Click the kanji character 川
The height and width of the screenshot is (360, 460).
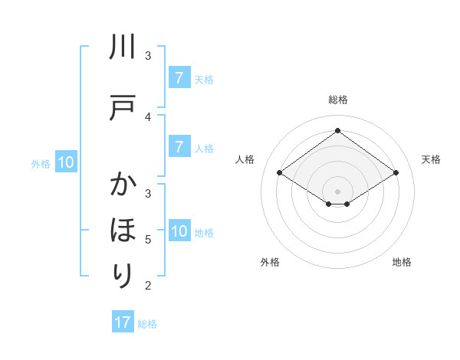[123, 49]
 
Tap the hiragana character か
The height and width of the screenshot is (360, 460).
[123, 186]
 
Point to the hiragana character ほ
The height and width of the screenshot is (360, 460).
[123, 230]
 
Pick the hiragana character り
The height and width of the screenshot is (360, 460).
[123, 273]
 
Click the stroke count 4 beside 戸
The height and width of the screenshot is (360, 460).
[148, 117]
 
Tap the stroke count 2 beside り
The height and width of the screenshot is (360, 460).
[148, 286]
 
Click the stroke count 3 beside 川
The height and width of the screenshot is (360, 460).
[148, 55]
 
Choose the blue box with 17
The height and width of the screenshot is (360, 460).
[123, 322]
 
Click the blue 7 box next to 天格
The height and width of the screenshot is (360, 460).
[179, 77]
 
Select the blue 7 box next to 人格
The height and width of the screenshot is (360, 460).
[179, 146]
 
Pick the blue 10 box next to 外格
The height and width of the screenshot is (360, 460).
[65, 162]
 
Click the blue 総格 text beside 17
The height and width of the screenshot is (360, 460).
[147, 324]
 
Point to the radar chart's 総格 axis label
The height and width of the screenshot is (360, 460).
[337, 100]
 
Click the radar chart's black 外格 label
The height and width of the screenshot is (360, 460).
[270, 262]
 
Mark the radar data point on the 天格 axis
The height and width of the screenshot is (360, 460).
[396, 173]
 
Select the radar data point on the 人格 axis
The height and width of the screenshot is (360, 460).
[280, 173]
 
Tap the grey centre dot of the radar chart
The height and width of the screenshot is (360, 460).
[337, 191]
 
